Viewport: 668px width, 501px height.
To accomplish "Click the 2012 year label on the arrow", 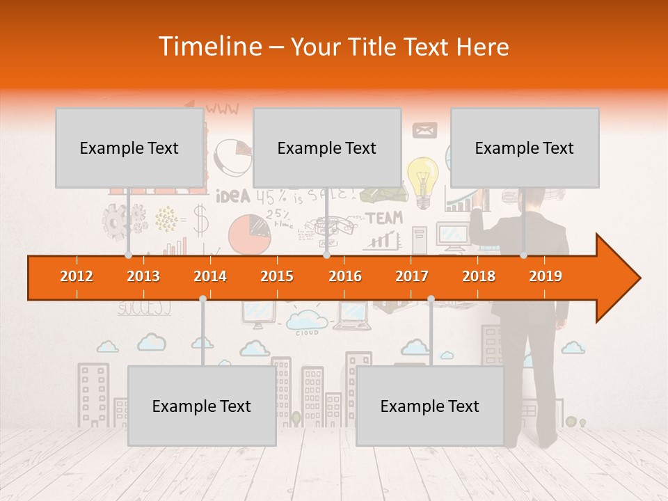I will pyautogui.click(x=77, y=276).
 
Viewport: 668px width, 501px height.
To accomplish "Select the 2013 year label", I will pyautogui.click(x=143, y=276).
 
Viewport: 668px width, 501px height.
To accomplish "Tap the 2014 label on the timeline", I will pyautogui.click(x=210, y=276).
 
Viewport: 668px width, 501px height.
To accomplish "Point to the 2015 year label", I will pyautogui.click(x=277, y=276).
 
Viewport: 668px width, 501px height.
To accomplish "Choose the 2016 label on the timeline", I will pyautogui.click(x=345, y=276).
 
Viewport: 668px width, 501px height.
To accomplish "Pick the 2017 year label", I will pyautogui.click(x=412, y=276).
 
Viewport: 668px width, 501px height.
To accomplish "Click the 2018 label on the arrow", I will pyautogui.click(x=479, y=276).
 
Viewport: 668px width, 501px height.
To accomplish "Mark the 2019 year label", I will pyautogui.click(x=546, y=276).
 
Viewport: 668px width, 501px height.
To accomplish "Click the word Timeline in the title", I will pyautogui.click(x=209, y=47).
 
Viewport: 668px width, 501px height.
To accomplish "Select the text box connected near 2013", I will pyautogui.click(x=129, y=148).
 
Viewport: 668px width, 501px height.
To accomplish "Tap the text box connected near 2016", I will pyautogui.click(x=327, y=148).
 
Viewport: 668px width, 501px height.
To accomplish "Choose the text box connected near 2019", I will pyautogui.click(x=525, y=148).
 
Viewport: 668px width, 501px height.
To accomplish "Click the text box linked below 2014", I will pyautogui.click(x=202, y=406).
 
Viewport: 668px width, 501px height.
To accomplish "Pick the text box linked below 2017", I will pyautogui.click(x=430, y=406).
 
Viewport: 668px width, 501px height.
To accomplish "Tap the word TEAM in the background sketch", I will pyautogui.click(x=385, y=218).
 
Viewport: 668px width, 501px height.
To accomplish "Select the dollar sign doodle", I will pyautogui.click(x=200, y=220).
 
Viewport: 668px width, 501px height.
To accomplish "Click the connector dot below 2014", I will pyautogui.click(x=202, y=299).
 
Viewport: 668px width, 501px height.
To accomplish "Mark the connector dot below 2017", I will pyautogui.click(x=431, y=299).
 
